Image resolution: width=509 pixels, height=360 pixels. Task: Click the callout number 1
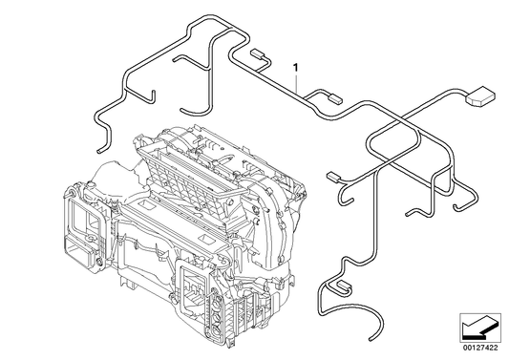(x=295, y=68)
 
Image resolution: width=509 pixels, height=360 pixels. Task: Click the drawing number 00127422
(x=480, y=348)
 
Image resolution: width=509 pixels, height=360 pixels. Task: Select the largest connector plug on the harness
(x=480, y=96)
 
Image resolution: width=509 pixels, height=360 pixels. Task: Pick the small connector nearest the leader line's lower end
(x=335, y=97)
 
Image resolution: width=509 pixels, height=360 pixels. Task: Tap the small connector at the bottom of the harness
(x=345, y=286)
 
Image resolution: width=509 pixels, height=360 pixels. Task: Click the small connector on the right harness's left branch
(x=333, y=177)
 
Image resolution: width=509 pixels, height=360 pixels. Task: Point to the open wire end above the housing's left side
(x=98, y=151)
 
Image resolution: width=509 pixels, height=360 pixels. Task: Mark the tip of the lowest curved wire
(x=371, y=339)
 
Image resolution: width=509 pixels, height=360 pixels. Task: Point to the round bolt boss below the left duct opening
(x=98, y=262)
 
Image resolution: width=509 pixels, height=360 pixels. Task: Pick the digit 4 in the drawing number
(x=487, y=348)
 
